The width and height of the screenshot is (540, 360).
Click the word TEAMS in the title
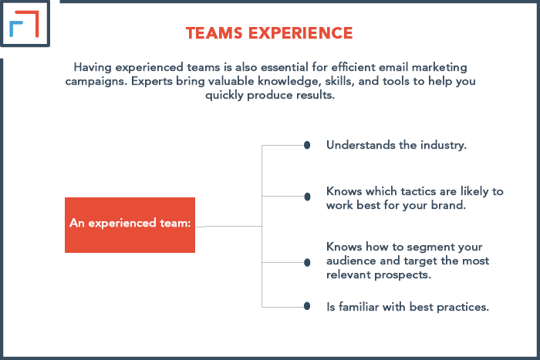(x=214, y=33)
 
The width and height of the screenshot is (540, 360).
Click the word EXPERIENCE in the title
(x=301, y=33)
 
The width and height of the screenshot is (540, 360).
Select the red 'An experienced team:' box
(x=130, y=225)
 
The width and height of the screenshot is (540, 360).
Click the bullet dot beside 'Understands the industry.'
(x=307, y=145)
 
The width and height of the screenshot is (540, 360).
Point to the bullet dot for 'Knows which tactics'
(x=307, y=197)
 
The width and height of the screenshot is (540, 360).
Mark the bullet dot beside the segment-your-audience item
(x=307, y=263)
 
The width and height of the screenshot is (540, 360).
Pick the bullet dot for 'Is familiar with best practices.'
(x=307, y=306)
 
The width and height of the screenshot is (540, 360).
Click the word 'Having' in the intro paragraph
(x=93, y=68)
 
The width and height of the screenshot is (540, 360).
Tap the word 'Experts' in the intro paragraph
(x=152, y=82)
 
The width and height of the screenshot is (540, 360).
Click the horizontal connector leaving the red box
(x=228, y=227)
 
